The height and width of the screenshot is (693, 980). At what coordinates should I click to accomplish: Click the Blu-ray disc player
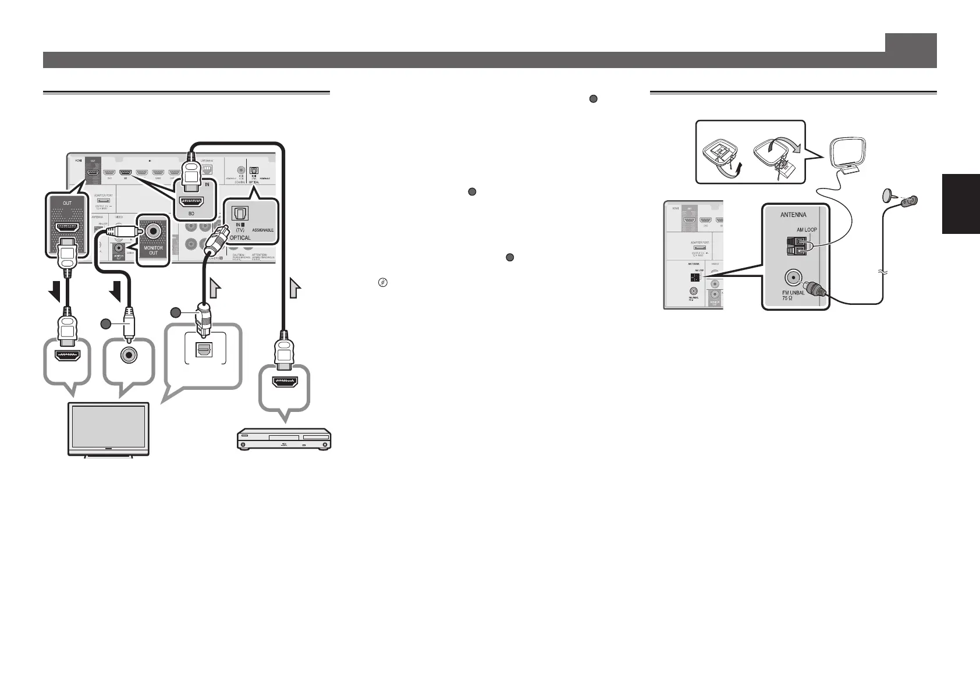[x=283, y=439]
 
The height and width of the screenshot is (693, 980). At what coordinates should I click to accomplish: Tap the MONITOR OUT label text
[x=154, y=250]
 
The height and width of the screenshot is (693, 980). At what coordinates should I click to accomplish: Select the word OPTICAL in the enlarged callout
[x=240, y=237]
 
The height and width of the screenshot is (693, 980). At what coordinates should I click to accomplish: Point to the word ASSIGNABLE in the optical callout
[x=264, y=230]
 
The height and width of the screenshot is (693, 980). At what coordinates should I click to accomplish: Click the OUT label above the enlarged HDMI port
[x=68, y=203]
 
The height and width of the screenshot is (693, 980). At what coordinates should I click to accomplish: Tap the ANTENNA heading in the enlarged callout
[x=793, y=215]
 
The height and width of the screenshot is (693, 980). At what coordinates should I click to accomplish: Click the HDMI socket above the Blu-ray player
[x=285, y=382]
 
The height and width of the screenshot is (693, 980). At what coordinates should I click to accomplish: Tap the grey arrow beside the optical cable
[x=215, y=287]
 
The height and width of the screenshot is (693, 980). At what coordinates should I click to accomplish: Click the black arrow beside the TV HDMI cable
[x=56, y=290]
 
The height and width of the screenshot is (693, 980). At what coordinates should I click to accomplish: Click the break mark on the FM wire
[x=883, y=272]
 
